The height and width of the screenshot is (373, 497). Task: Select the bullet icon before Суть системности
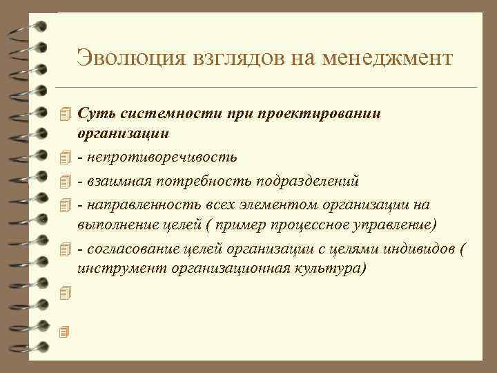[66, 113]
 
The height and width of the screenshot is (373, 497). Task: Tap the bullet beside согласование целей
[66, 249]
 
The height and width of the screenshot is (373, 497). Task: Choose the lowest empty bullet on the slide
[66, 332]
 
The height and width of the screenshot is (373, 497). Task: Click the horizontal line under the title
[269, 88]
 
